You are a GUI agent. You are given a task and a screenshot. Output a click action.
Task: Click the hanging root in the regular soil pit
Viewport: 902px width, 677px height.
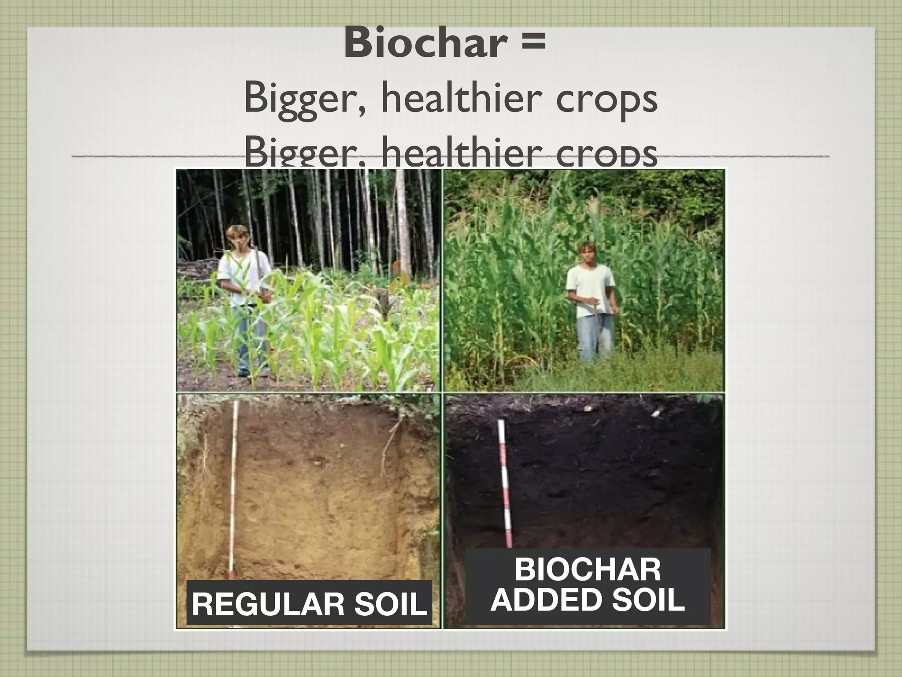point(390,441)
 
